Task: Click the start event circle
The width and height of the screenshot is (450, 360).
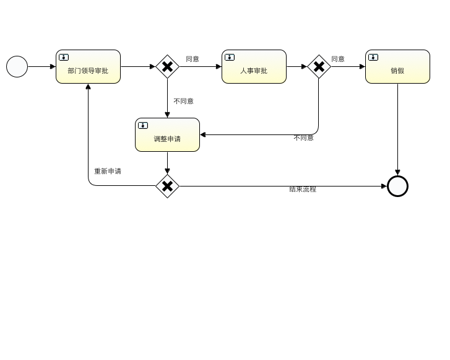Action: point(17,66)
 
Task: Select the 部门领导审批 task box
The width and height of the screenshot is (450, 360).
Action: point(88,67)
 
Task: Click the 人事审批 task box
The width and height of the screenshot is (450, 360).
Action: point(254,67)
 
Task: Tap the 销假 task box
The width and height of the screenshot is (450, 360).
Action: point(397,67)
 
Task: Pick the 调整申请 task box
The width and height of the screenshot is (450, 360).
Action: point(167,135)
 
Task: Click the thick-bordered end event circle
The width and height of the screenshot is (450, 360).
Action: point(397,186)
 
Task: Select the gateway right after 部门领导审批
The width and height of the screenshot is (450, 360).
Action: point(167,66)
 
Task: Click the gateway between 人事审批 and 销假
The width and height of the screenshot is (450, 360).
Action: point(319,66)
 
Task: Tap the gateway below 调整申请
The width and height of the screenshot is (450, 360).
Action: point(167,186)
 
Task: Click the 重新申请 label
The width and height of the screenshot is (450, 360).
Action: point(108,171)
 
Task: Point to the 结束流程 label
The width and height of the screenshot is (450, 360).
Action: point(303,189)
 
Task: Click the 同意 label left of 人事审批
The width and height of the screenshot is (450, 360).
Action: point(193,59)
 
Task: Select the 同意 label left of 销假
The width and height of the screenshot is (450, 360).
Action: point(338,59)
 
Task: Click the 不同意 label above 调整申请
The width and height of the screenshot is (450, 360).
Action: point(183,101)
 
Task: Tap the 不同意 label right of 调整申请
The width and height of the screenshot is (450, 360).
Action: point(303,138)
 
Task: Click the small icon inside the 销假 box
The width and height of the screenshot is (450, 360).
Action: point(373,57)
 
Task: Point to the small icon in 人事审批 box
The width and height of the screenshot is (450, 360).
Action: point(230,57)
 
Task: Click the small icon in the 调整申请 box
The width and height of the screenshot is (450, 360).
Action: point(143,125)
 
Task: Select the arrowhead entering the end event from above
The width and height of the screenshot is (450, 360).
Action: point(397,172)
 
